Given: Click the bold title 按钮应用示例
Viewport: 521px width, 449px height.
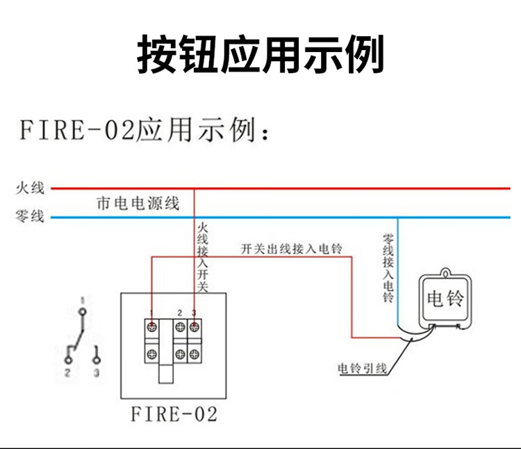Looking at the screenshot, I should coord(260,55).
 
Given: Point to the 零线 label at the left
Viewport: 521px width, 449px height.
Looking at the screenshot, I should coord(30,217).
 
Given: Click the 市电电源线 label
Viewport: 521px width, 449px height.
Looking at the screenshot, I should coord(138,203).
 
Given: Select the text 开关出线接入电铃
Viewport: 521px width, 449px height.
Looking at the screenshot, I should coord(292,249).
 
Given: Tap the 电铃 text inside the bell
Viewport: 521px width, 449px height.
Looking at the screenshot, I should coord(445,298).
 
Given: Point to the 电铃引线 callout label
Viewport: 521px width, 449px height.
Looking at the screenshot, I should coord(361,368).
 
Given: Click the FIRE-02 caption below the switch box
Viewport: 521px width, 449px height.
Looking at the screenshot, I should coord(174,415).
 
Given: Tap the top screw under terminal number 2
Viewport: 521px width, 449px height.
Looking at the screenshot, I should coord(181,327).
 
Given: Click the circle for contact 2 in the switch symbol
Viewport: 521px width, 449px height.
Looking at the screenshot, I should coord(68,359).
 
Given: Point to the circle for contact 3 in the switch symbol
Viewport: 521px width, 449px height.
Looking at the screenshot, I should coord(96,359).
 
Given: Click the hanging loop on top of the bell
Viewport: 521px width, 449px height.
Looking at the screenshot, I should coord(445,272).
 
